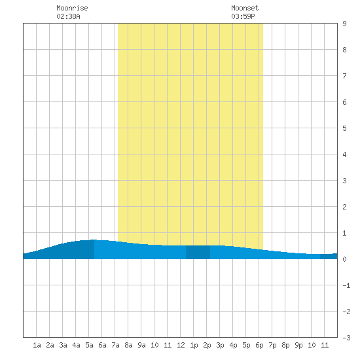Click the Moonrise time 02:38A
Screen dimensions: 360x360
point(68,16)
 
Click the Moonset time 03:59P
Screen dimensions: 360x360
point(243,16)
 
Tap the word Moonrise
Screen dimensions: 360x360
point(72,8)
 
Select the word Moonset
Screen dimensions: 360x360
point(245,8)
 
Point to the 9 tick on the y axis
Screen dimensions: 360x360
point(344,24)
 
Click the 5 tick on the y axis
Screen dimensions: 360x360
point(344,128)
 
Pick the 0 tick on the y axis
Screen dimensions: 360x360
point(344,259)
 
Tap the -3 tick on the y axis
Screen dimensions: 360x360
point(346,338)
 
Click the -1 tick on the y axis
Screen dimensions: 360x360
point(346,285)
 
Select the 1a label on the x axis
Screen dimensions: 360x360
point(37,345)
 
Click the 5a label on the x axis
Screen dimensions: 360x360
point(89,345)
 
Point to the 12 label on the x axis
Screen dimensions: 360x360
point(181,345)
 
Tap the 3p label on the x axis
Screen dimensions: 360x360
point(220,345)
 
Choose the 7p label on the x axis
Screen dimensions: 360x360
point(272,345)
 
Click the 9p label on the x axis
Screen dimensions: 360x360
point(298,345)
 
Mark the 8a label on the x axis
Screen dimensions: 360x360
point(128,345)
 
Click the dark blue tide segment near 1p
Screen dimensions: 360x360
point(198,252)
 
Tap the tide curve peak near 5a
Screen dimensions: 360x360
point(93,240)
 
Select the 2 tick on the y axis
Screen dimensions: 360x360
point(344,207)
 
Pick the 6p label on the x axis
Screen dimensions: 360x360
point(259,345)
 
